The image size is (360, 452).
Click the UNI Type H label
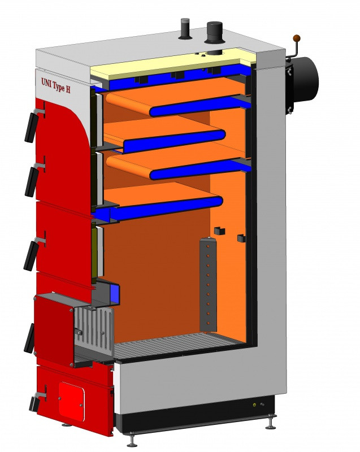coord(55,86)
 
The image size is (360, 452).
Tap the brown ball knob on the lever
coord(297,38)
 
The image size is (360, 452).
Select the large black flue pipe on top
coord(215,33)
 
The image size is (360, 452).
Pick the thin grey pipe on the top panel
coord(184,29)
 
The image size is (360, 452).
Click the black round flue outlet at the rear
coord(305,78)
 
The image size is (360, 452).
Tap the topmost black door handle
coord(32,127)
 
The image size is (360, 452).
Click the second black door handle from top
coord(32,181)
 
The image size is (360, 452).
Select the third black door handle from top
coord(31,256)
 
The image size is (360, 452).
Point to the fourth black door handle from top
coord(29,338)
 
